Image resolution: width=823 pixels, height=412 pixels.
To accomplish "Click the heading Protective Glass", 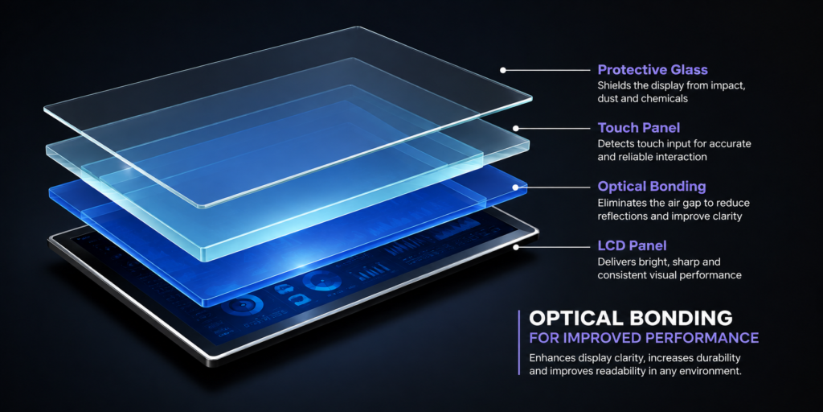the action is pos(653,70).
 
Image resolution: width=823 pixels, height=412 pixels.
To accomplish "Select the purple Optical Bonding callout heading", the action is pos(651,187).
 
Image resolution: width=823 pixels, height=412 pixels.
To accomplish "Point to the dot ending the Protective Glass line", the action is pos(503,70).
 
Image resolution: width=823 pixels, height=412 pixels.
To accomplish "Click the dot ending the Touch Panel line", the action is pos(516,128).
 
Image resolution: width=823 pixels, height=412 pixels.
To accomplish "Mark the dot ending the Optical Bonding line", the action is pos(516,187).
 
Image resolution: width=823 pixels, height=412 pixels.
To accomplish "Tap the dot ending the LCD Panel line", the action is pos(516,246).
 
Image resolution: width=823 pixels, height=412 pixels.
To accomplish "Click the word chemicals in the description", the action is pos(663,99).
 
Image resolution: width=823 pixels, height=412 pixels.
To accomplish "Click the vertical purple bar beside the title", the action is pos(519,342).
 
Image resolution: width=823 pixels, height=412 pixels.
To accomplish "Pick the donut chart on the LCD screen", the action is pos(318,282).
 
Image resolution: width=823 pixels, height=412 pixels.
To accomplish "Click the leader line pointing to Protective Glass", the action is pos(548,70).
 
